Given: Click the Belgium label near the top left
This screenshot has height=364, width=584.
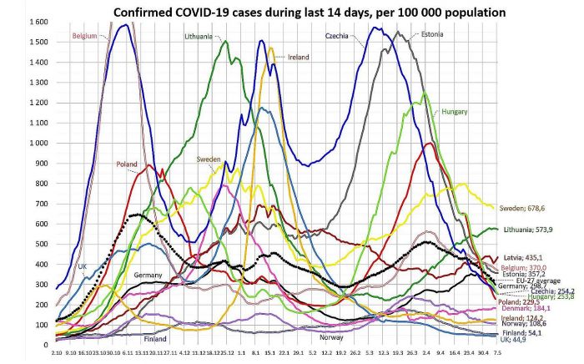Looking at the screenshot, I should (85, 37).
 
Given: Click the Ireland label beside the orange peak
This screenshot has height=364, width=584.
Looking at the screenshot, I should (298, 57).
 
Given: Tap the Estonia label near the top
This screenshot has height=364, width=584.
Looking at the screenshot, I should (433, 34).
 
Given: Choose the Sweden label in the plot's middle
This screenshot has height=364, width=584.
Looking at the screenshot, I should (209, 159).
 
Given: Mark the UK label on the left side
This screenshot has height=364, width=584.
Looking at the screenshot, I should (83, 265).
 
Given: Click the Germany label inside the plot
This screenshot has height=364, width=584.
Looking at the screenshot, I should (148, 275).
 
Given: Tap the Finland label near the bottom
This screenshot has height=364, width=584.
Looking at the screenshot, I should (155, 339).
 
